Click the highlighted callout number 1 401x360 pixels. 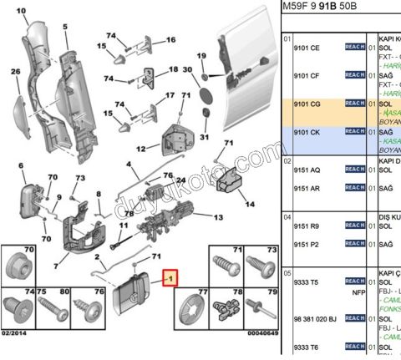(x=170, y=277)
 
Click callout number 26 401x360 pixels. (x=15, y=72)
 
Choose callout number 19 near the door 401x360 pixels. (x=200, y=56)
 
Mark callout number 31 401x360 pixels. (x=205, y=137)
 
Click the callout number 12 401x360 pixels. (x=142, y=150)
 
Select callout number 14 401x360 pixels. (x=248, y=203)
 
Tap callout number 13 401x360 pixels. (x=218, y=218)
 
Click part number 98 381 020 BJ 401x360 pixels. (x=314, y=319)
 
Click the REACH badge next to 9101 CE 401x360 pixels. (x=355, y=48)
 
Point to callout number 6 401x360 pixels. (x=21, y=167)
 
